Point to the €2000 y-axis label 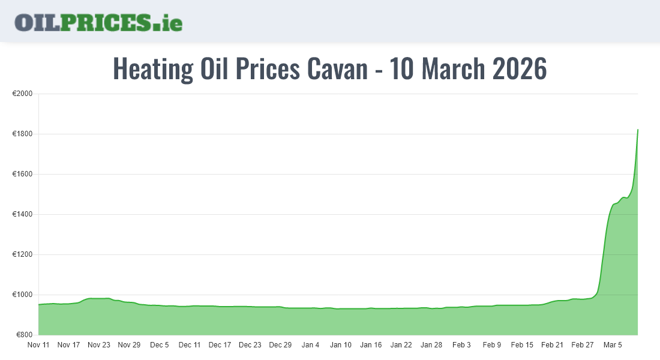click(22, 94)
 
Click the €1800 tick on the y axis click(22, 134)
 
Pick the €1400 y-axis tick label click(22, 214)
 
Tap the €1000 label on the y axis click(22, 295)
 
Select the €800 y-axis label click(24, 335)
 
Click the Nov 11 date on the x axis click(38, 345)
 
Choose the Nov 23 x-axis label click(99, 345)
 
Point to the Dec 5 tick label click(160, 345)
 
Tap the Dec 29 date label click(280, 345)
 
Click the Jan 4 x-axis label click(310, 345)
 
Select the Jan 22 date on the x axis click(401, 345)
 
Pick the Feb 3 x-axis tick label click(461, 345)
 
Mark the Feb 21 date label click(552, 345)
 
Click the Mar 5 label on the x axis click(613, 345)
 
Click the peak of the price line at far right click(637, 130)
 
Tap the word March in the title click(454, 69)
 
